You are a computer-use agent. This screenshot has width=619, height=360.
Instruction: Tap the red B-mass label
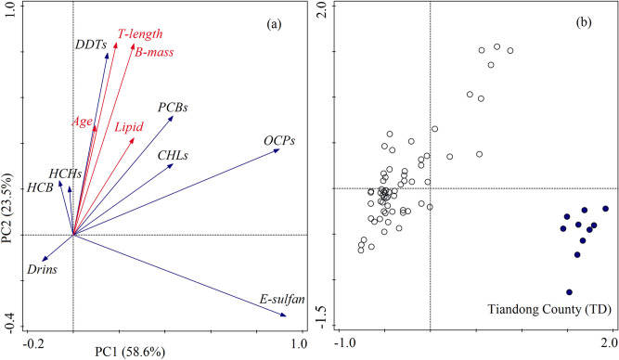155,53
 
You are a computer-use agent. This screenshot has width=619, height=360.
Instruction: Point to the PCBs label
173,108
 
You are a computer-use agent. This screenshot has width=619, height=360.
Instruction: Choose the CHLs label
173,155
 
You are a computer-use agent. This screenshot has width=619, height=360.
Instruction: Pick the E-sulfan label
275,300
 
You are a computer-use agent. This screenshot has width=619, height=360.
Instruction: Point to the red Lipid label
130,125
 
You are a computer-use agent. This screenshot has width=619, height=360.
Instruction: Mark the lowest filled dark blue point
569,291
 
